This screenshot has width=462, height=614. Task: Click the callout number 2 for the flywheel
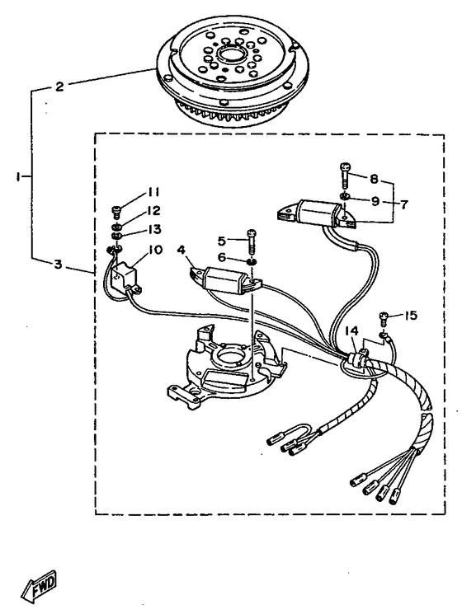[59, 87]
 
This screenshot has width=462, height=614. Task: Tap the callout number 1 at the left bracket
[18, 177]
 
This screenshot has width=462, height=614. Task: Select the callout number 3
[58, 265]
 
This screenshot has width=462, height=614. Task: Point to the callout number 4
[181, 250]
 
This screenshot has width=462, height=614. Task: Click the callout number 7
[404, 204]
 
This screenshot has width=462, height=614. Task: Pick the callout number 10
[156, 249]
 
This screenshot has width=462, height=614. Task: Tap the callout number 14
[351, 330]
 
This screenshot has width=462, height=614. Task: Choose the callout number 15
[410, 315]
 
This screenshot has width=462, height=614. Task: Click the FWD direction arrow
[40, 588]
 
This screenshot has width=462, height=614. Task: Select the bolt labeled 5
[252, 241]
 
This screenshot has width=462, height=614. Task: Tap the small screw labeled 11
[117, 213]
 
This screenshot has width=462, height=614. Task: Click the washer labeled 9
[345, 196]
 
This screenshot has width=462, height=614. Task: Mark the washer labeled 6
[252, 261]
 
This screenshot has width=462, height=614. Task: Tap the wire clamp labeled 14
[356, 359]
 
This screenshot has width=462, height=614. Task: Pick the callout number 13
[155, 229]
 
